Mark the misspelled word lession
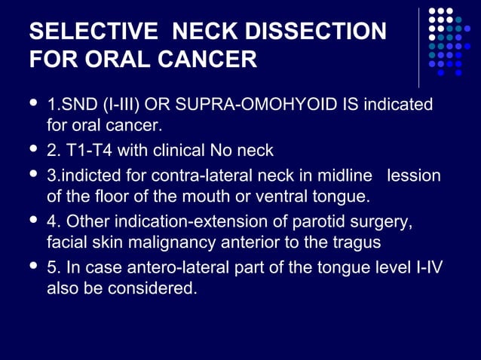(x=413, y=176)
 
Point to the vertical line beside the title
(x=419, y=47)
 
